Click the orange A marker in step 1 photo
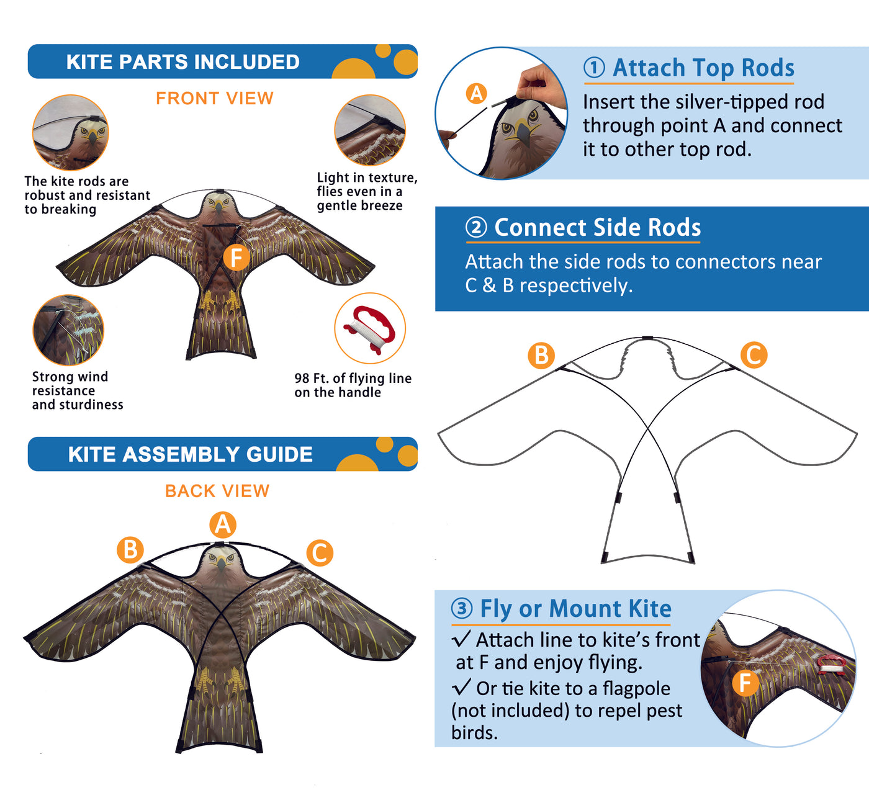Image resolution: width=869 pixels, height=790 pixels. (477, 94)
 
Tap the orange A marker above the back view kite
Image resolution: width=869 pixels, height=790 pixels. (223, 524)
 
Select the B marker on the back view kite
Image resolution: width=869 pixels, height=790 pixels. (130, 550)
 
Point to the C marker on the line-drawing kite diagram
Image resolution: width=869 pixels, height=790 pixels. (754, 355)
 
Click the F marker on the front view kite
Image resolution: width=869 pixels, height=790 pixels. (236, 258)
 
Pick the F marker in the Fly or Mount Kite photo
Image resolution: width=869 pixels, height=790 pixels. (745, 683)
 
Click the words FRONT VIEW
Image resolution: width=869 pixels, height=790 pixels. (214, 98)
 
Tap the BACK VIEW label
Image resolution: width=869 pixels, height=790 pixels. (217, 491)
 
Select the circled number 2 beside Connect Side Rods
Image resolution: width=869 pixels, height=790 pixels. (476, 227)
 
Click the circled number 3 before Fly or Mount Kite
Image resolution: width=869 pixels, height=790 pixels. (462, 608)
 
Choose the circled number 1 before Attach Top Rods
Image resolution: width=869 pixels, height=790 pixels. (594, 68)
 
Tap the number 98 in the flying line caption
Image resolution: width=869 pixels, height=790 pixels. (302, 378)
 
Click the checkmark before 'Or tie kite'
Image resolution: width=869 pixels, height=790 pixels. (461, 687)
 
